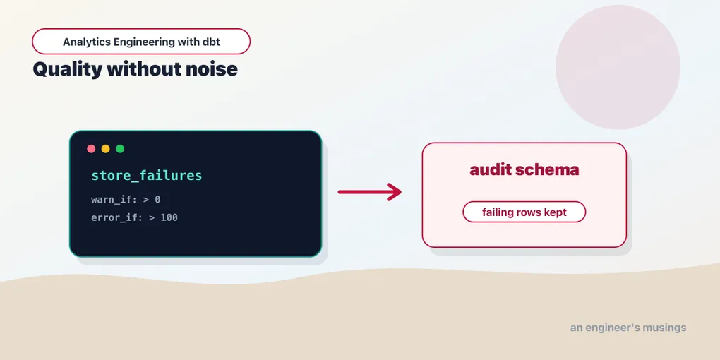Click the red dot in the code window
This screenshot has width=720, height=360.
tap(91, 149)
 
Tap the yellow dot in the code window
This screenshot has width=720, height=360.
tap(106, 149)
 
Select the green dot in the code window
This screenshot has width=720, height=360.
tap(120, 149)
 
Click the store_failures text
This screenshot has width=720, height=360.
tap(147, 176)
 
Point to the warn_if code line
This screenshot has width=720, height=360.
tap(126, 200)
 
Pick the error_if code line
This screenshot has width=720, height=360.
tap(135, 217)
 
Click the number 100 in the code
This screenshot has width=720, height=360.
tap(169, 217)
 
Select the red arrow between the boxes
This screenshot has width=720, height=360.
tap(370, 192)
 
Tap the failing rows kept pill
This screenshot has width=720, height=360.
tap(524, 212)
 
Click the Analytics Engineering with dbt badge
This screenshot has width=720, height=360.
tap(141, 42)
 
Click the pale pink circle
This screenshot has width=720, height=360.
tap(618, 67)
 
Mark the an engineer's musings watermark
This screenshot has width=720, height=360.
tap(628, 328)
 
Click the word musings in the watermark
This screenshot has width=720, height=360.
tap(666, 328)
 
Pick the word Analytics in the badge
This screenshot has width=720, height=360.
tap(87, 42)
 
